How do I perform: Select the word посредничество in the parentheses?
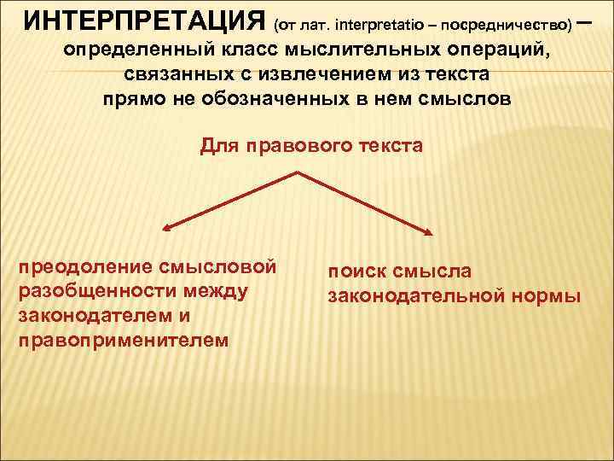pos(509,22)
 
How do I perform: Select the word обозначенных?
pos(289,97)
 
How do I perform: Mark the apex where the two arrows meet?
pos(297,173)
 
